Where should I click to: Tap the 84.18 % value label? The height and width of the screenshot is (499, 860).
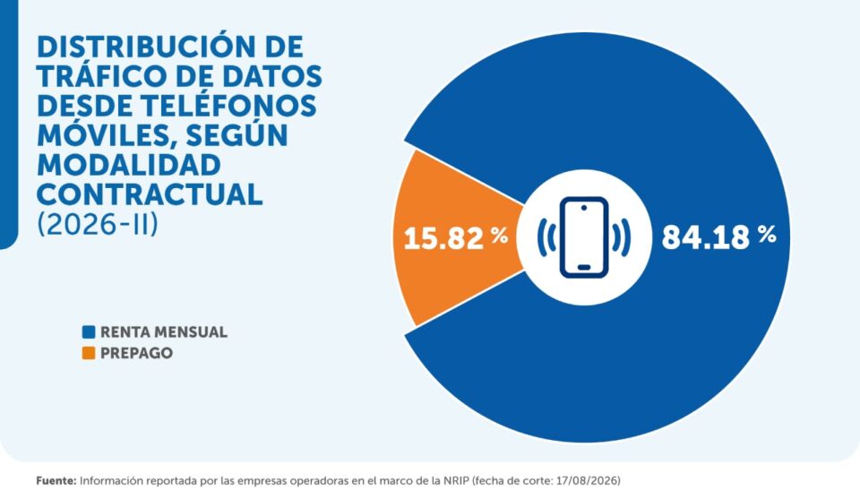pyautogui.click(x=719, y=237)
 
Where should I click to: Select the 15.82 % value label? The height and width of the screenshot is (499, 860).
pyautogui.click(x=456, y=238)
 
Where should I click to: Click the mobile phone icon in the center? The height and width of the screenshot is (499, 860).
pyautogui.click(x=584, y=237)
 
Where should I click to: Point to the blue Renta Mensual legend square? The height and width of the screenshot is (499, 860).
pyautogui.click(x=89, y=331)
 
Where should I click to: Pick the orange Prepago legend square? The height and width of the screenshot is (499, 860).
pyautogui.click(x=89, y=353)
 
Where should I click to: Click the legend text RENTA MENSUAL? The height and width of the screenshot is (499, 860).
pyautogui.click(x=164, y=332)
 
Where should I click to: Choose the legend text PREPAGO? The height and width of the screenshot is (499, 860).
pyautogui.click(x=136, y=353)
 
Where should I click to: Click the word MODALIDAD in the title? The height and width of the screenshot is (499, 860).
pyautogui.click(x=129, y=165)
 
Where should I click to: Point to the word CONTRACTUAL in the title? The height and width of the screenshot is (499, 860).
pyautogui.click(x=150, y=194)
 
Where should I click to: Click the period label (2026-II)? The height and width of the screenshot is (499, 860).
pyautogui.click(x=98, y=224)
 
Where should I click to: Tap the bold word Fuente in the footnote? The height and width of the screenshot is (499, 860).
pyautogui.click(x=56, y=481)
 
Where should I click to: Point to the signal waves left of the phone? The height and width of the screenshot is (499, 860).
pyautogui.click(x=546, y=237)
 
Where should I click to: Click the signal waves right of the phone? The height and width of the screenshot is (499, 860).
pyautogui.click(x=622, y=237)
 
